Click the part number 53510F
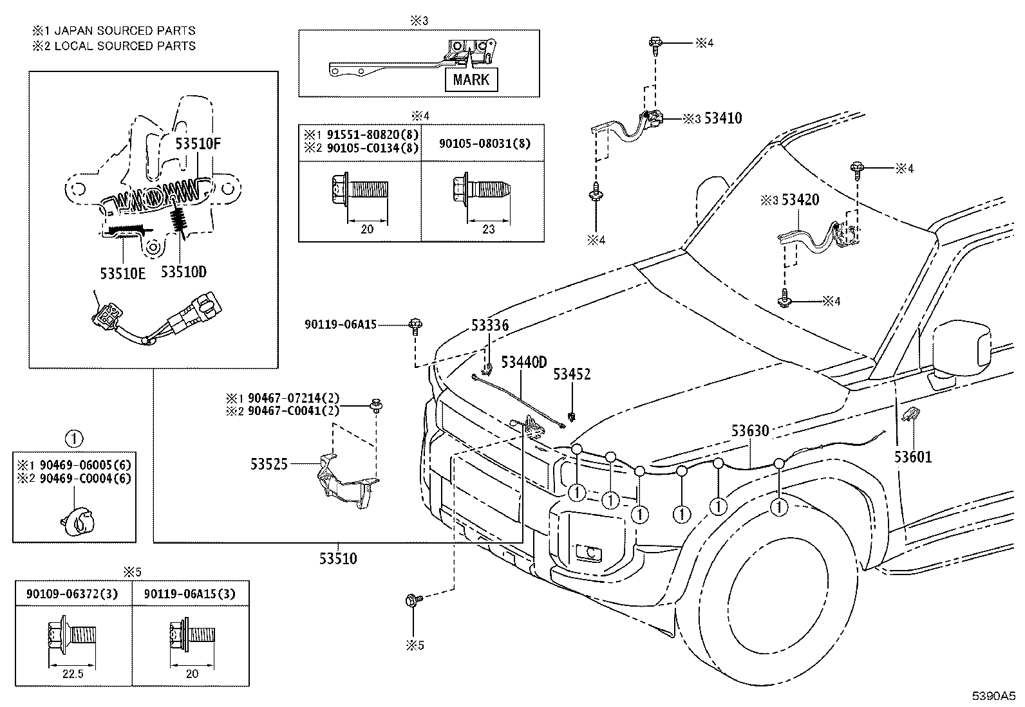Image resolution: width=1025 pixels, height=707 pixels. [x=198, y=143]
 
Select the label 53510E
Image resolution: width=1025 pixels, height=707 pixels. [x=122, y=273]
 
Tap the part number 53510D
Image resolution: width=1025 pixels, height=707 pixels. [x=183, y=272]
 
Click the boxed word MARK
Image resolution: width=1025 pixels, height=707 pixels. [x=471, y=80]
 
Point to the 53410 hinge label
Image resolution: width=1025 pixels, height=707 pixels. [x=723, y=118]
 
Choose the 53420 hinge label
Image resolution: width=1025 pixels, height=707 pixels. [x=800, y=199]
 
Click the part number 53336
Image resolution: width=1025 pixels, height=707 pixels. [x=490, y=325]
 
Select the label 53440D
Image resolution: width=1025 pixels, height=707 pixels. [x=524, y=362]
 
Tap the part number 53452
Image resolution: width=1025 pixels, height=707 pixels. [x=572, y=374]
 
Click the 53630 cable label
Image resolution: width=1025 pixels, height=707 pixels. [x=750, y=430]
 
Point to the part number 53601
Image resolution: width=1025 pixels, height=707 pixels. [x=913, y=456]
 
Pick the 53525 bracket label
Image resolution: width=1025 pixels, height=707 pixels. [x=269, y=464]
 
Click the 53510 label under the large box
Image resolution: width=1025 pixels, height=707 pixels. [x=338, y=558]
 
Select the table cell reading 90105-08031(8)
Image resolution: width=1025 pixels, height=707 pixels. [x=485, y=143]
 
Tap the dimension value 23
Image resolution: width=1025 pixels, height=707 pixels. [x=488, y=229]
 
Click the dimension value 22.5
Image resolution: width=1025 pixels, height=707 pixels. [x=73, y=674]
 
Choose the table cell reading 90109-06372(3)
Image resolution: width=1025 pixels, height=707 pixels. [x=72, y=594]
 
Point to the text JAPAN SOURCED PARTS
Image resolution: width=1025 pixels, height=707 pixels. [x=125, y=31]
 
